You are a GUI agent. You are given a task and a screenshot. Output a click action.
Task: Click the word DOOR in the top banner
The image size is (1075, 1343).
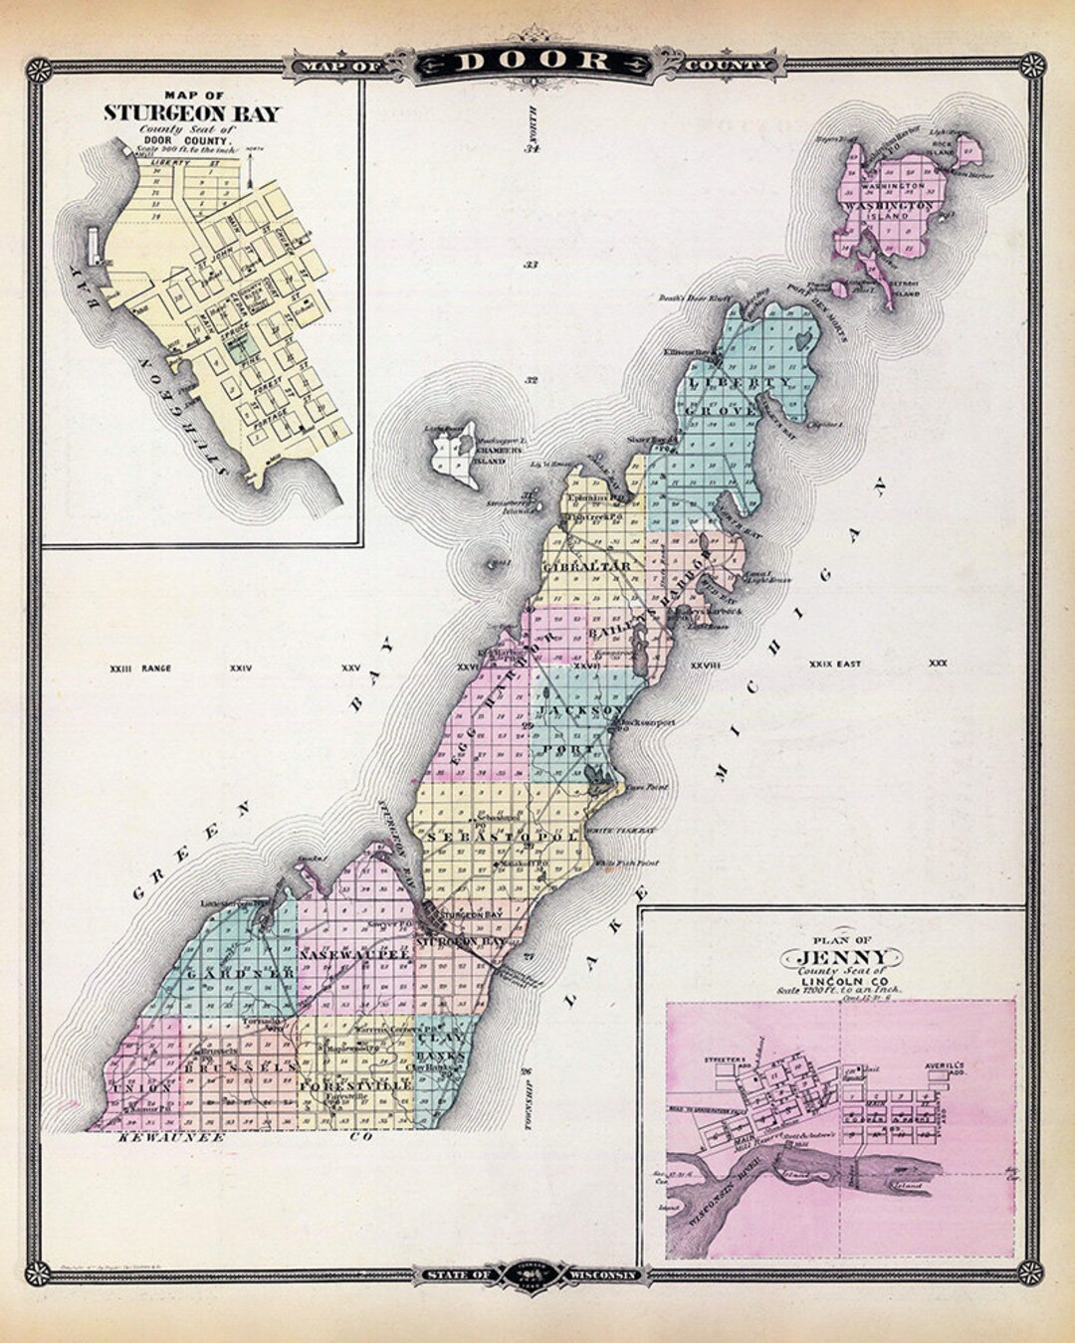tap(535, 61)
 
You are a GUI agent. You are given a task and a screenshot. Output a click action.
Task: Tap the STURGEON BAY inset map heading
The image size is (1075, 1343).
tap(192, 111)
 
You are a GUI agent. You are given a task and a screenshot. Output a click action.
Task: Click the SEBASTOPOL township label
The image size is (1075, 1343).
tap(503, 838)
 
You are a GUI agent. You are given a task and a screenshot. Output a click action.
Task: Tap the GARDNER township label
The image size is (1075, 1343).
tap(237, 970)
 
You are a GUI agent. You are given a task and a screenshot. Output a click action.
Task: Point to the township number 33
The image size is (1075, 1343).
tap(531, 266)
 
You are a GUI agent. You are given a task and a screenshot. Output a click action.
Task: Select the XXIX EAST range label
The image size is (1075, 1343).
tap(834, 663)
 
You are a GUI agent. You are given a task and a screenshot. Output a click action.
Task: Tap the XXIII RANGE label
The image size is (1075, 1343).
tap(140, 669)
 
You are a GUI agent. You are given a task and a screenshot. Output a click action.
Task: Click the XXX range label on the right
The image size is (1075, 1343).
tap(938, 663)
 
